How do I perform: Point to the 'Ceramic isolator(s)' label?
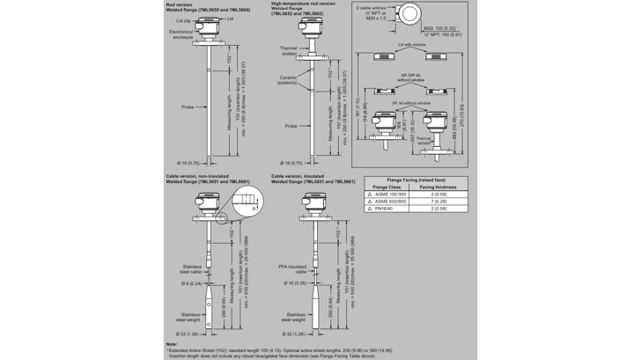point(289,79)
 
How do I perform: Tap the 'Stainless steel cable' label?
point(191,268)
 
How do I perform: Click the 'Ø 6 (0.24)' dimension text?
point(190,283)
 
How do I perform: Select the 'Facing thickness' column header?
point(438,187)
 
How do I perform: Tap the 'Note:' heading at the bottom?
point(171,343)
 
